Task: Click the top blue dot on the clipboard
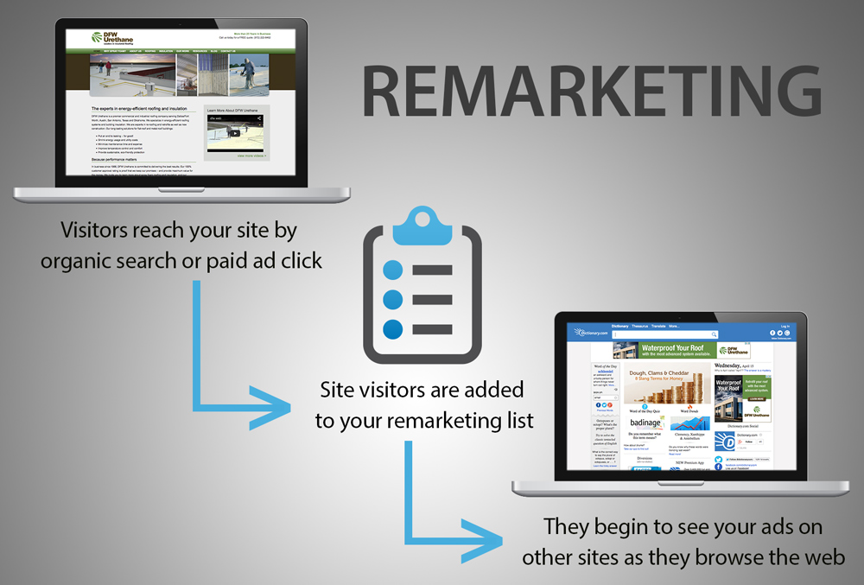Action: click(x=393, y=270)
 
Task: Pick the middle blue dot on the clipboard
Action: click(x=393, y=300)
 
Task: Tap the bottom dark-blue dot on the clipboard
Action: click(x=393, y=329)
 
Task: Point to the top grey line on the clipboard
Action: click(x=432, y=270)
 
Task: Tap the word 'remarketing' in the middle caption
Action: click(x=445, y=421)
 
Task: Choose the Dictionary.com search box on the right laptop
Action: click(x=665, y=334)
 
